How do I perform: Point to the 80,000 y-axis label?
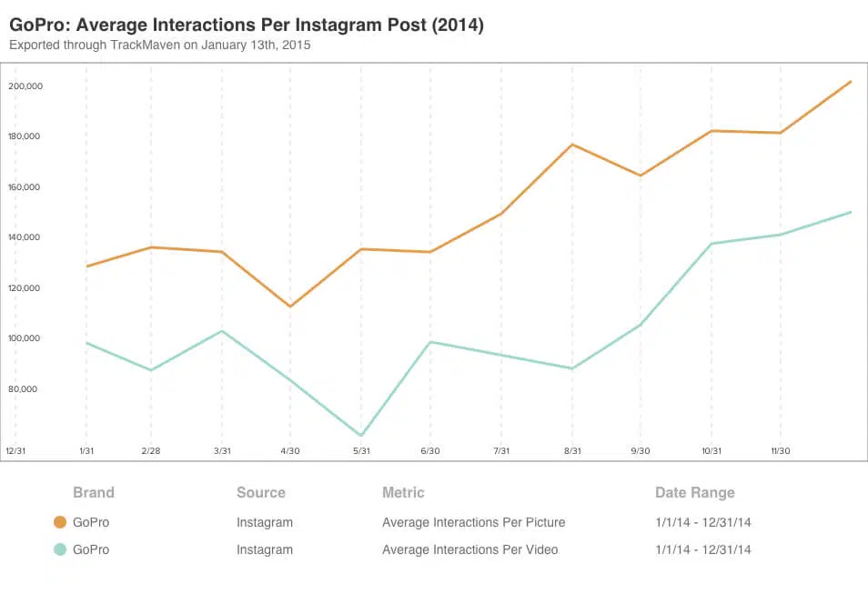[x=26, y=389]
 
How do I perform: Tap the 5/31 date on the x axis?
[x=361, y=451]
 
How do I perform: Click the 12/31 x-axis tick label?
[x=15, y=451]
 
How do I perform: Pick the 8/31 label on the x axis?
[x=571, y=451]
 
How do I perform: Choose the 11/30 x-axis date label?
[x=781, y=451]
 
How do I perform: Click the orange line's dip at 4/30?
[x=291, y=307]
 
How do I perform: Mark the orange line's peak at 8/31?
[x=571, y=145]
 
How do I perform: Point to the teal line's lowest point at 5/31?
[x=361, y=436]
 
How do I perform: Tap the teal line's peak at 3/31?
[x=222, y=331]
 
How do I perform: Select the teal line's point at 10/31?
[x=712, y=244]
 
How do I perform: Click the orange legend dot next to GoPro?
[x=60, y=522]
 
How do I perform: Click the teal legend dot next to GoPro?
[x=60, y=549]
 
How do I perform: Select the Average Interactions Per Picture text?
[x=473, y=522]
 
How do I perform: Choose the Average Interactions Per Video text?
[x=469, y=549]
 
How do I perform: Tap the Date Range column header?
[x=694, y=493]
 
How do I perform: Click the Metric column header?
[x=403, y=493]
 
